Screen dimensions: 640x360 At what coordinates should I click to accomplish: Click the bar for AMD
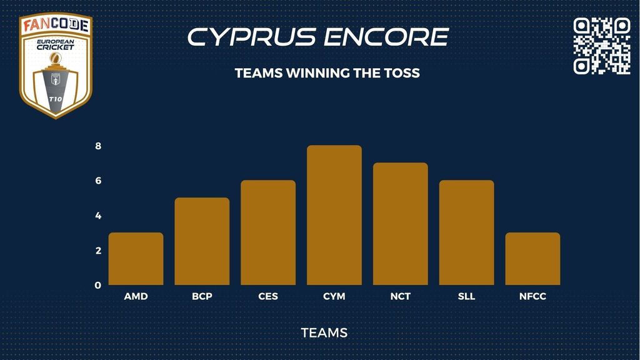tap(136, 259)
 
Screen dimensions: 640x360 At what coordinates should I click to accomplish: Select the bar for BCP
tap(202, 241)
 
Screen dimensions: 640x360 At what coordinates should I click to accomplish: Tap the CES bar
tap(268, 232)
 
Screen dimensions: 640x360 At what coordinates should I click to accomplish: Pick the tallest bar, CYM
tap(334, 215)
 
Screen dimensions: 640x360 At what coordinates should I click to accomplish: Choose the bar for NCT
tap(401, 224)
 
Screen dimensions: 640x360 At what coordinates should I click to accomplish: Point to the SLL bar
tap(466, 232)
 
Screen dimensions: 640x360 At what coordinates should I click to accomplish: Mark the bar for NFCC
tap(532, 259)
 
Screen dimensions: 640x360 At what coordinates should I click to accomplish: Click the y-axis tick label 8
tap(98, 146)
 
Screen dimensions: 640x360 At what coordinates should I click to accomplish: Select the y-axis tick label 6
tap(98, 181)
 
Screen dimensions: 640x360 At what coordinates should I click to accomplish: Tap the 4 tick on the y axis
tap(98, 216)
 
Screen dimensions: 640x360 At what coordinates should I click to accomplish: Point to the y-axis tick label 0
tap(98, 285)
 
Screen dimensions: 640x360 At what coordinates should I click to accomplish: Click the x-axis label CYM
tap(334, 296)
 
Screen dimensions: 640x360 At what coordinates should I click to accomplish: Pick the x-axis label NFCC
tap(532, 296)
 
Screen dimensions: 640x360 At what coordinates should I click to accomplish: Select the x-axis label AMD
tap(136, 296)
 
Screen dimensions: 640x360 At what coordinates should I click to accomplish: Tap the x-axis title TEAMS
tap(324, 332)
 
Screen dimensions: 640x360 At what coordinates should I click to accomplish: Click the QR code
tap(602, 46)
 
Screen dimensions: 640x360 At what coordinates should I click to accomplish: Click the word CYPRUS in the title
tap(252, 37)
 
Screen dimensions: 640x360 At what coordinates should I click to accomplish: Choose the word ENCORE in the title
tap(386, 37)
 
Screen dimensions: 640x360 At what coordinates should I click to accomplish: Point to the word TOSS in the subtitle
tap(402, 73)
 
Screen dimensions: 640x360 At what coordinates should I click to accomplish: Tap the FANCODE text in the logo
tap(56, 25)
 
